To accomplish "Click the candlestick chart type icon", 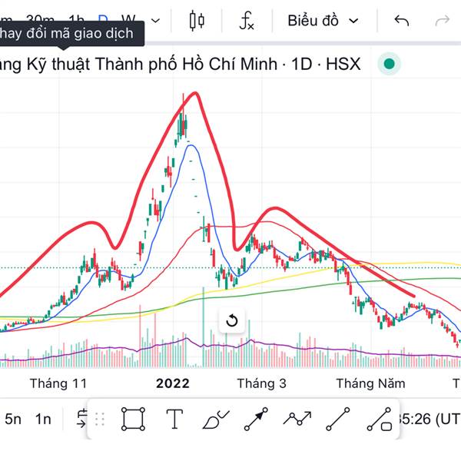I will [197, 21].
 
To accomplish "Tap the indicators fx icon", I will [246, 21].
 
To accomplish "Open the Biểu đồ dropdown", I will [323, 21].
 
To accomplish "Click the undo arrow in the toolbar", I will [401, 21].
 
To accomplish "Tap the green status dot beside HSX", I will [390, 65].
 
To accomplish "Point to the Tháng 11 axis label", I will [58, 383].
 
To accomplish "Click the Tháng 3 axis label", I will [261, 383].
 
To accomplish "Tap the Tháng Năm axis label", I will [371, 383].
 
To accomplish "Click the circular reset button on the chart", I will [232, 320].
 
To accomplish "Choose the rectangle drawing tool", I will [133, 419].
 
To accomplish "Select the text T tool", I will [174, 419].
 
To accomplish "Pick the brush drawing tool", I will [216, 419].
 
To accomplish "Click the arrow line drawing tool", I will [256, 419].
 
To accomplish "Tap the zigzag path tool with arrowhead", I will [297, 419].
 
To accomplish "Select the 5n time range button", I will [13, 419].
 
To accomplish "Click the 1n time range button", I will [44, 419].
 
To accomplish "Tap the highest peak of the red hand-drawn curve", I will [194, 93].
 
